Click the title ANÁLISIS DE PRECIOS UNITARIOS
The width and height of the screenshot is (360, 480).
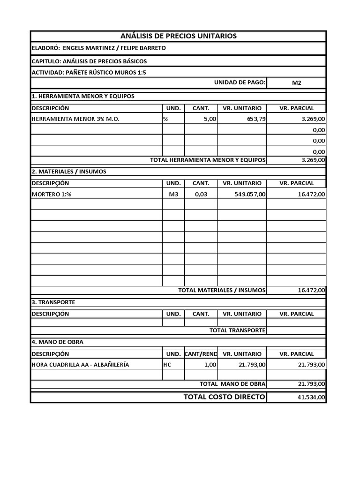pyautogui.click(x=179, y=36)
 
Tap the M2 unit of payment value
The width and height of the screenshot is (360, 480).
pyautogui.click(x=296, y=83)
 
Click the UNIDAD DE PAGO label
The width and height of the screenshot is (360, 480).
pyautogui.click(x=240, y=82)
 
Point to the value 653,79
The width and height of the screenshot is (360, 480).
pyautogui.click(x=256, y=119)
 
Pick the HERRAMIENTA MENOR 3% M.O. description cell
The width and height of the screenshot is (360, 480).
pyautogui.click(x=75, y=119)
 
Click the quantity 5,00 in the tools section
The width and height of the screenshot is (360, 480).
pyautogui.click(x=210, y=119)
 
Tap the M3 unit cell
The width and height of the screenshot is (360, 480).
pyautogui.click(x=173, y=194)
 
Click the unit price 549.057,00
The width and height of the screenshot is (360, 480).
pyautogui.click(x=250, y=194)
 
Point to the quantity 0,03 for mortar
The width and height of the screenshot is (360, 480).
pyautogui.click(x=201, y=194)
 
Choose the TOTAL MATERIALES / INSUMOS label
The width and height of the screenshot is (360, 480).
pyautogui.click(x=222, y=290)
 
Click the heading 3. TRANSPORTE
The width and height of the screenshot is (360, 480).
pyautogui.click(x=53, y=302)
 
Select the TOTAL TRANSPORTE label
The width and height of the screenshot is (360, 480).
pyautogui.click(x=237, y=330)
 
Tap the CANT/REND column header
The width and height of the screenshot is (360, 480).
pyautogui.click(x=201, y=354)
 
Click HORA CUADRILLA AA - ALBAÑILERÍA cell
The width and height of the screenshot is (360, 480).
pyautogui.click(x=80, y=365)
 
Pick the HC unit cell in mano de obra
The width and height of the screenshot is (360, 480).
pyautogui.click(x=167, y=365)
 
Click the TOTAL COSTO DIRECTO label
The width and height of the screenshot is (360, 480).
pyautogui.click(x=224, y=397)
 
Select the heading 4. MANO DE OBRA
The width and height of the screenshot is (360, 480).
pyautogui.click(x=57, y=342)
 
